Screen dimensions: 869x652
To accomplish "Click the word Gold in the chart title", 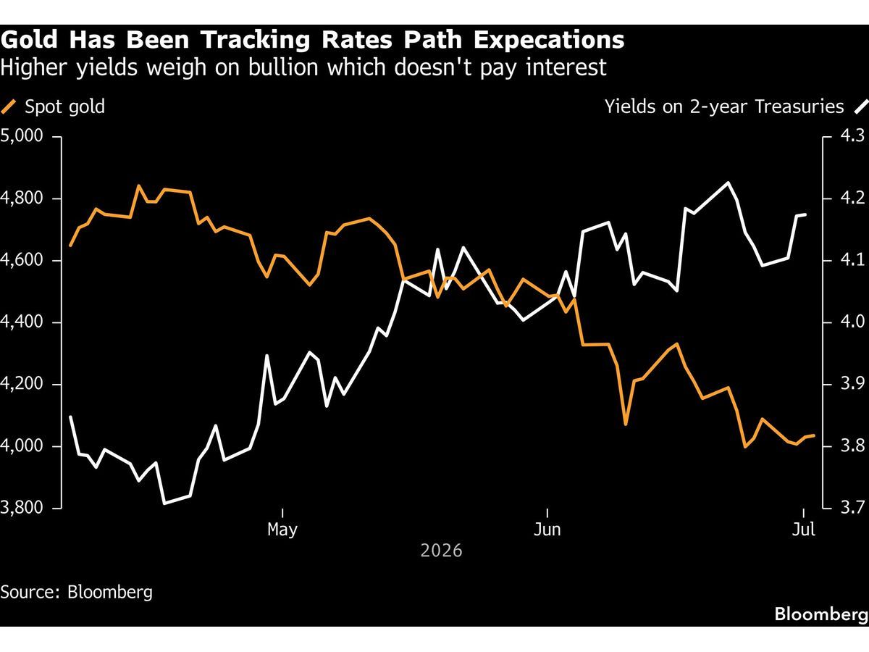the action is tap(29, 40).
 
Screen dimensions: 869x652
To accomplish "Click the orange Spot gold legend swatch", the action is tap(9, 107).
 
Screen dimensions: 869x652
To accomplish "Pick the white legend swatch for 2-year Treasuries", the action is tap(861, 107).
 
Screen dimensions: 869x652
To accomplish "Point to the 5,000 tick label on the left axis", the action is tap(22, 135).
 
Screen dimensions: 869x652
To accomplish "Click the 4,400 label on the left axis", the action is tap(22, 322).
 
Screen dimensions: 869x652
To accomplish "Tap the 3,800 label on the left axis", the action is tap(22, 508).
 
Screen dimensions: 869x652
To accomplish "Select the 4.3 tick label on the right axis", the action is tap(853, 135).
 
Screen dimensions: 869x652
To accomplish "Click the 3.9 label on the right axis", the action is tap(853, 384).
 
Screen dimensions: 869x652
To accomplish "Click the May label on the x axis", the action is tap(282, 530).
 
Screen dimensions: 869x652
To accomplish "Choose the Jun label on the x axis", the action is tap(547, 530).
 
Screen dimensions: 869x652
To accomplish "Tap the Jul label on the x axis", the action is tap(804, 530).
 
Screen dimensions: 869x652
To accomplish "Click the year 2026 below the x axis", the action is tap(441, 551).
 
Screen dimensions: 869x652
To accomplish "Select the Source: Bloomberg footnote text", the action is tap(77, 593).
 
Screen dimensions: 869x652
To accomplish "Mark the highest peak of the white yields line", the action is tap(728, 183).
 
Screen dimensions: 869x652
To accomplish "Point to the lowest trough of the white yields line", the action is tap(164, 503).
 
